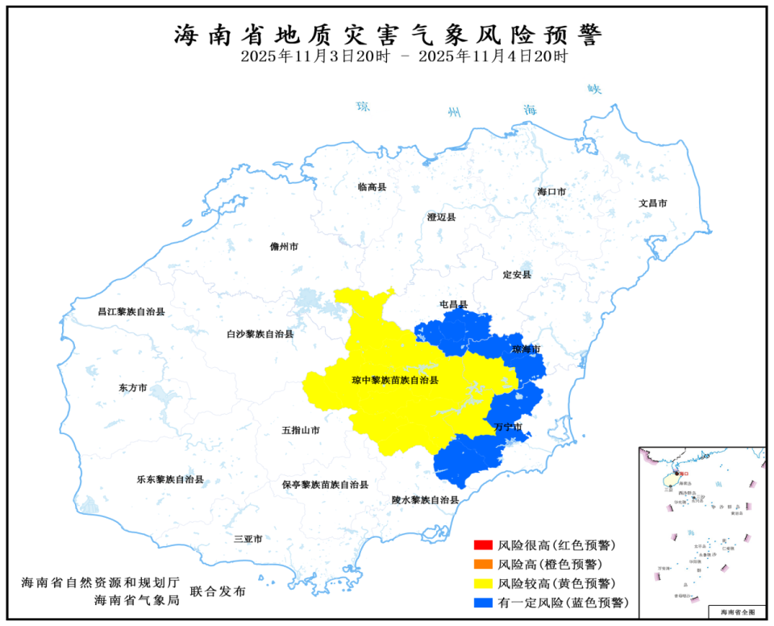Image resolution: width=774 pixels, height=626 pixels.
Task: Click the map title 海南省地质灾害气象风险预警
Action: [x=387, y=35]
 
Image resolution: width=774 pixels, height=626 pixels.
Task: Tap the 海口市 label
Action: [x=552, y=192]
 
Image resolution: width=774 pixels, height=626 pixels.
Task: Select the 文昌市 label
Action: [x=652, y=203]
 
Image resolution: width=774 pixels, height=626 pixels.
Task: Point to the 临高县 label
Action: [x=372, y=186]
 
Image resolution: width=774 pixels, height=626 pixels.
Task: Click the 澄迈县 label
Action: [x=441, y=217]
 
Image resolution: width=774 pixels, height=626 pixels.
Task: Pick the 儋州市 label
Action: [x=285, y=247]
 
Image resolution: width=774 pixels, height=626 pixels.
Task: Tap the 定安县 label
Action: [x=517, y=275]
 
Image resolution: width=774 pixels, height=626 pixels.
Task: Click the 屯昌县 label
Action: [x=453, y=305]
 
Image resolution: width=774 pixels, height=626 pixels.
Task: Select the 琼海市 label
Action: [x=526, y=349]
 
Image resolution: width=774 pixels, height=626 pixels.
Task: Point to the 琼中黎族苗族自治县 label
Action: [x=395, y=380]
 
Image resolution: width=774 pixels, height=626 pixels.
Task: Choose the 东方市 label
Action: [x=133, y=388]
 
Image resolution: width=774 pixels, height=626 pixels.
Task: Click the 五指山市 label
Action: [x=301, y=431]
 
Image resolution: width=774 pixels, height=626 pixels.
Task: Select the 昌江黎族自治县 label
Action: [x=131, y=311]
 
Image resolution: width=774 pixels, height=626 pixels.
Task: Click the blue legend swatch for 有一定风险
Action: [x=484, y=603]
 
